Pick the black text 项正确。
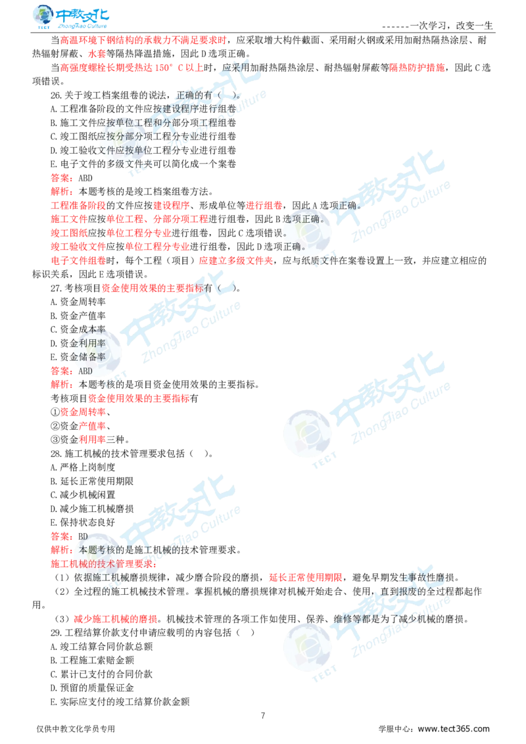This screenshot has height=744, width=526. [x=302, y=219]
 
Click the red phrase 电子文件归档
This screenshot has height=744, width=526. [x=78, y=260]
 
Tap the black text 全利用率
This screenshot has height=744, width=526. [x=91, y=342]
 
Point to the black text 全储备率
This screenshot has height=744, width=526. [x=91, y=357]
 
